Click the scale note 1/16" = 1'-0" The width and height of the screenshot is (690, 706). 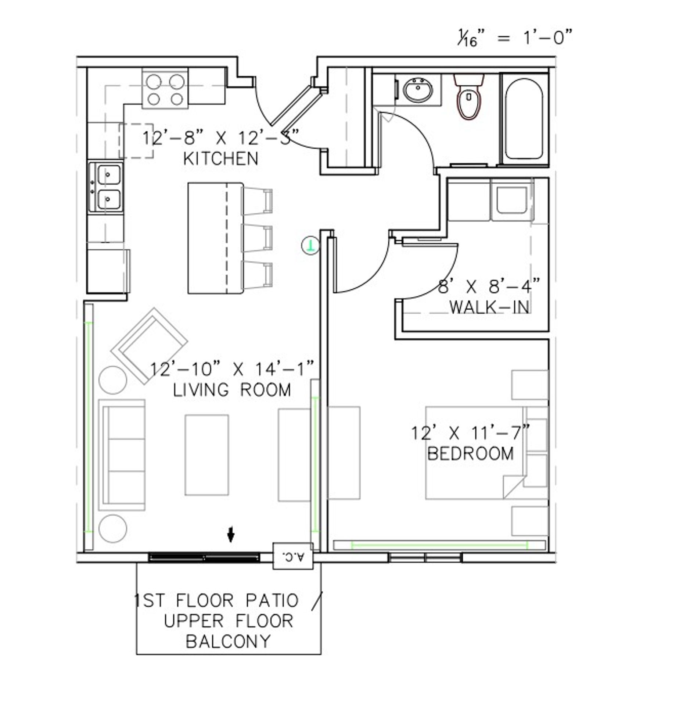(x=514, y=38)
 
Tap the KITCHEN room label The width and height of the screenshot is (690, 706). (x=220, y=159)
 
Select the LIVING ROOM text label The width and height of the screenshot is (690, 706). (x=232, y=390)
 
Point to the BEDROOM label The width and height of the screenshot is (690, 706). (x=470, y=453)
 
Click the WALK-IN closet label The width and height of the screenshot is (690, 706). (x=490, y=307)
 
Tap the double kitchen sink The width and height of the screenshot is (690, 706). (x=107, y=188)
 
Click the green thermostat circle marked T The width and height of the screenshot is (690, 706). (x=310, y=245)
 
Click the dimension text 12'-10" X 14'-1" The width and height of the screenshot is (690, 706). (x=233, y=368)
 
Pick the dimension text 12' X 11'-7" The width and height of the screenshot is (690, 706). (x=470, y=433)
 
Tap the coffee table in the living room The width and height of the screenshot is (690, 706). (x=206, y=455)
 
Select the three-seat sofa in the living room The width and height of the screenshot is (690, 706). (x=122, y=455)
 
